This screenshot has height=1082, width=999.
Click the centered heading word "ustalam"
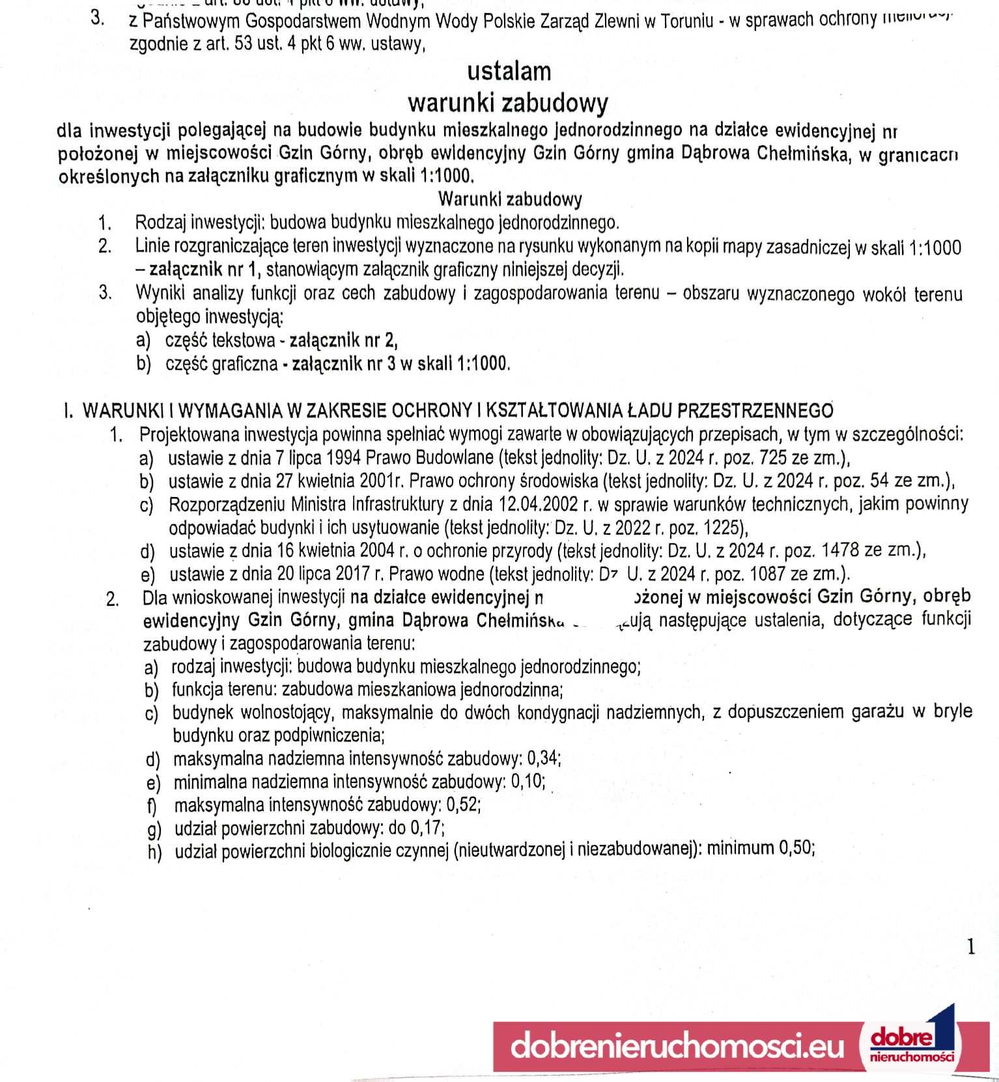509,72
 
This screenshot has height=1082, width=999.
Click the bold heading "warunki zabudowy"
508,103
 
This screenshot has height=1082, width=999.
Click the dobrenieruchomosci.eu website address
677,1047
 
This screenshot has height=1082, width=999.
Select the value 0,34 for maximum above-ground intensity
543,759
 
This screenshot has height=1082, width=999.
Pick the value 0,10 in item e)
528,782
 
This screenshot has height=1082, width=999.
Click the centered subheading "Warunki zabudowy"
510,198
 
